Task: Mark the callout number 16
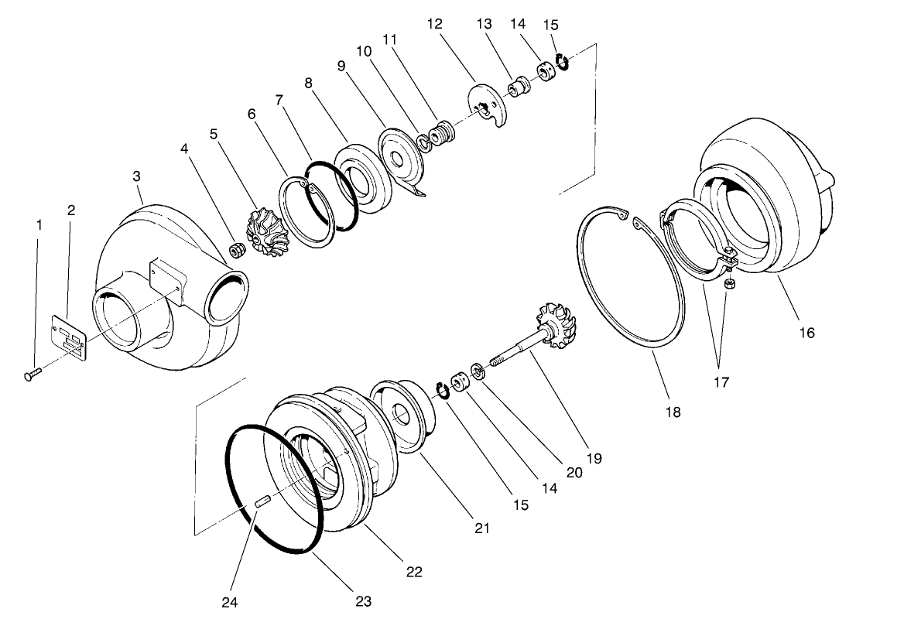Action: (x=806, y=333)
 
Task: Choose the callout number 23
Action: (x=364, y=600)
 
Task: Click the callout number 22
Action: (x=414, y=572)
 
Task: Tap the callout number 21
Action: (x=482, y=528)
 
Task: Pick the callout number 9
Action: (x=341, y=66)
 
